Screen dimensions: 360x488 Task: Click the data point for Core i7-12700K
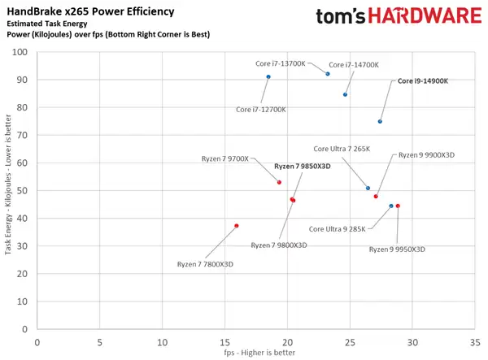[268, 77]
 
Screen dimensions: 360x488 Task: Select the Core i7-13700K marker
[328, 74]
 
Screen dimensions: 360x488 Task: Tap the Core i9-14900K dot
[380, 122]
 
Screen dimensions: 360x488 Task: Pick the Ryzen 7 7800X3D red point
[237, 226]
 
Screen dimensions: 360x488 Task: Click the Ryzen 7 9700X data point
[279, 182]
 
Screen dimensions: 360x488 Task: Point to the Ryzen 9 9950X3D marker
[398, 206]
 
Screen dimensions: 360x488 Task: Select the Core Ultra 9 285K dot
[391, 206]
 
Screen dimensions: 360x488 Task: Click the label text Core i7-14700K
[354, 64]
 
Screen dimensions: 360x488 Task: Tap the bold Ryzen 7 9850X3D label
[303, 166]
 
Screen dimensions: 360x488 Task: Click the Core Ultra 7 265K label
[342, 149]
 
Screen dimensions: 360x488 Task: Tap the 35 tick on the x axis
[475, 340]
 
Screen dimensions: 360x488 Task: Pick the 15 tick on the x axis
[224, 340]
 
